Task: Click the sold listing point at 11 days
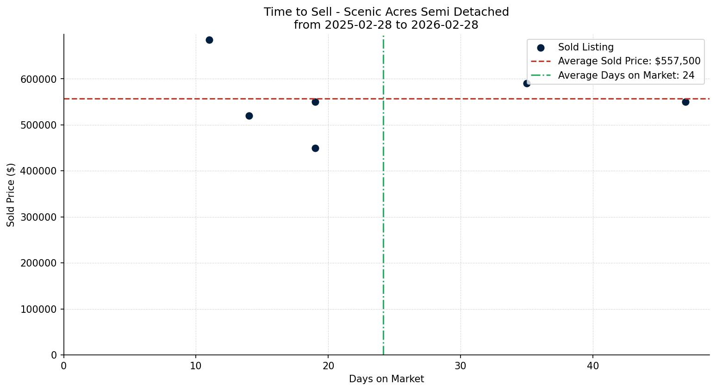[209, 40]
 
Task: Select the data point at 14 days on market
[249, 116]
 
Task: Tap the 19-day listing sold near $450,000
[315, 148]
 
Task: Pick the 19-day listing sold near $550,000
[315, 102]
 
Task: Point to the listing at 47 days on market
[685, 102]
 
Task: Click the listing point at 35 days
[527, 83]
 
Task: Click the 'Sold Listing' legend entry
[585, 47]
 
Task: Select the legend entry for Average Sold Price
[629, 61]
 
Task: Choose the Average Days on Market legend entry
[626, 75]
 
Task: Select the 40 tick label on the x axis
[593, 366]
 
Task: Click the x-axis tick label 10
[196, 366]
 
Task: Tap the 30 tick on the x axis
[461, 366]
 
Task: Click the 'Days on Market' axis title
[386, 379]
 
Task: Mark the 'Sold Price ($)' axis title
[11, 195]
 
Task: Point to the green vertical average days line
[383, 208]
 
